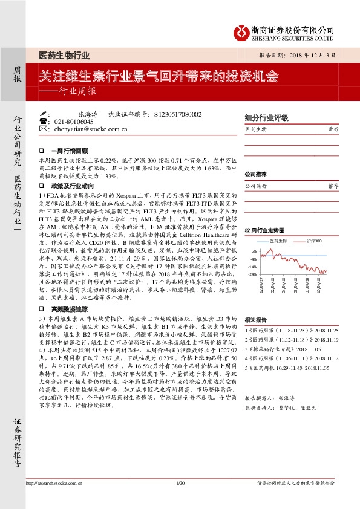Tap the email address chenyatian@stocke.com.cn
point(91,129)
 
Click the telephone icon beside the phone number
point(42,122)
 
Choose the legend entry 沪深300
point(314,241)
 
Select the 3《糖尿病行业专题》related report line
point(286,349)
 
